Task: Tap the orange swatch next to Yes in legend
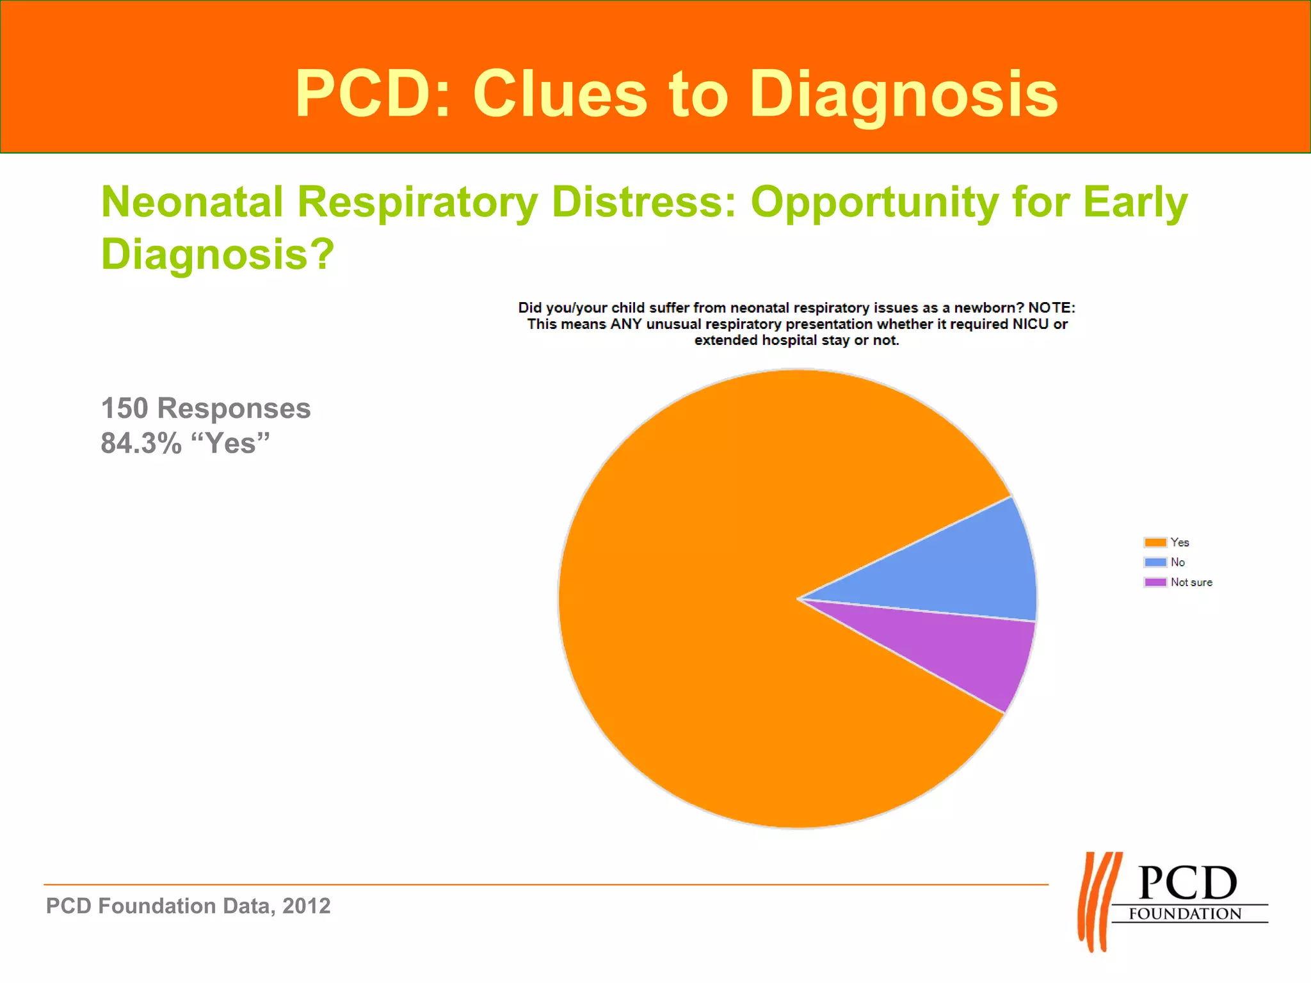(x=1155, y=543)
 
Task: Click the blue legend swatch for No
(x=1155, y=563)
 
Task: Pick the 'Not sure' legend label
(x=1191, y=582)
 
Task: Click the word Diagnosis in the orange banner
(x=903, y=95)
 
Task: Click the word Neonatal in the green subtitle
(x=192, y=202)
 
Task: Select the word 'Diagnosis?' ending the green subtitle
(x=218, y=255)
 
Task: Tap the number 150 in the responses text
(x=124, y=408)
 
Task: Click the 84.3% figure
(x=141, y=443)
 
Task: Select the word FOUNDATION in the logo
(x=1185, y=914)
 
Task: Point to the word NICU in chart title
(x=1030, y=324)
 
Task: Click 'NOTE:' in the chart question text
(x=1051, y=308)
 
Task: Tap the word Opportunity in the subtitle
(x=874, y=202)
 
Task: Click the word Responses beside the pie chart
(x=234, y=408)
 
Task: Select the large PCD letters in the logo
(x=1187, y=883)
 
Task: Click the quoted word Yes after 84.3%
(x=230, y=443)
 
